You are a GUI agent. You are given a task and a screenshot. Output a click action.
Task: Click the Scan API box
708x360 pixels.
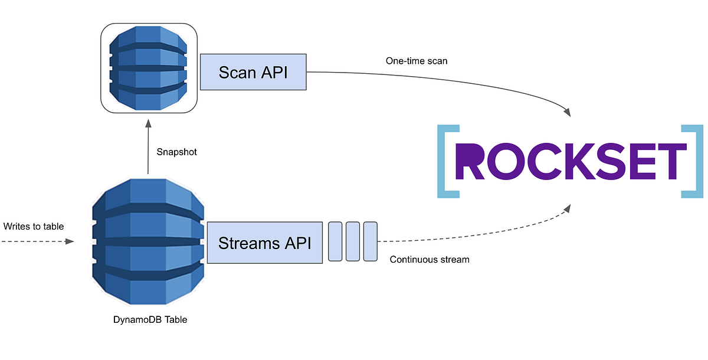click(x=254, y=73)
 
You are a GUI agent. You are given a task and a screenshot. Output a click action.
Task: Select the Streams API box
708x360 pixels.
click(x=265, y=243)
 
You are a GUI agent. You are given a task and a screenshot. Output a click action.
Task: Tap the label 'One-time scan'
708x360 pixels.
click(x=417, y=61)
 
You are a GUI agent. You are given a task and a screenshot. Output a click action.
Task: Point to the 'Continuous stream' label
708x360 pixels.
click(x=430, y=259)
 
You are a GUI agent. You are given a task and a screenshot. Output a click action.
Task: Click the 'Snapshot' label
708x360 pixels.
click(x=176, y=152)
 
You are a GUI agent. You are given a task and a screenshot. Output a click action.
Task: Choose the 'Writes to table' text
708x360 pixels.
click(x=33, y=227)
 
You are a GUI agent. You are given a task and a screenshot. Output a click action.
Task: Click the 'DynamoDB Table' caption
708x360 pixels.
click(x=150, y=320)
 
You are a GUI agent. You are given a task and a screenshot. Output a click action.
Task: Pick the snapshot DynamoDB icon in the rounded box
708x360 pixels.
click(x=148, y=68)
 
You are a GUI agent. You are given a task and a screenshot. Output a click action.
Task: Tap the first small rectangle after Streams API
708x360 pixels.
click(x=335, y=241)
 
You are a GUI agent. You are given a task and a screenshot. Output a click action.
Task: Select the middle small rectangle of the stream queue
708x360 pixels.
click(x=353, y=241)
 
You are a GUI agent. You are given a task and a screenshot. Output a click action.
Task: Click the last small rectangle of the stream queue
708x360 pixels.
click(x=371, y=241)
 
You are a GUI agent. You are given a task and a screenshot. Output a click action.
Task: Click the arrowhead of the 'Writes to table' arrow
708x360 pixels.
click(x=71, y=241)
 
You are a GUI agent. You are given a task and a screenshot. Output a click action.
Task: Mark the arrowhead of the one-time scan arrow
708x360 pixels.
click(x=568, y=112)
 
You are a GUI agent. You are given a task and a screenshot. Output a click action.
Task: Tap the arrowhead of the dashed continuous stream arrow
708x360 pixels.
click(x=568, y=208)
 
